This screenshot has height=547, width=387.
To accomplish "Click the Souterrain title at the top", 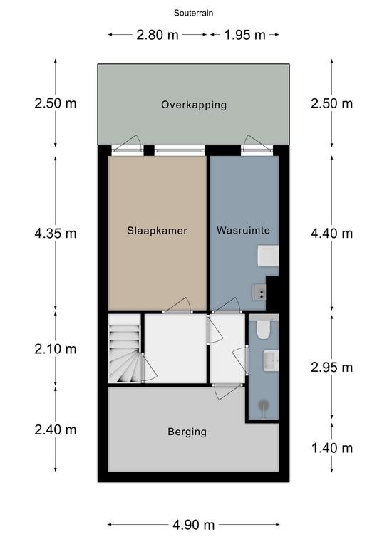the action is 193,14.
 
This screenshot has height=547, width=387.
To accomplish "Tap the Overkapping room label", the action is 194,105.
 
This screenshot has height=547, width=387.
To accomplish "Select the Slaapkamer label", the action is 157,231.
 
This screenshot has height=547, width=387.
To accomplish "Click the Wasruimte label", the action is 243,230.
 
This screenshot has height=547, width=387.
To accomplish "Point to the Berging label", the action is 187,432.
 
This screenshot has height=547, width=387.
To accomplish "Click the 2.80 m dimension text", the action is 158,35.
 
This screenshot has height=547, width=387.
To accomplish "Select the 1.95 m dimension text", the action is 244,35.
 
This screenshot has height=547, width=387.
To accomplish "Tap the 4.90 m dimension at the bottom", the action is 193,525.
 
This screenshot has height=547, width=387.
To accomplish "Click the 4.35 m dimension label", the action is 56,234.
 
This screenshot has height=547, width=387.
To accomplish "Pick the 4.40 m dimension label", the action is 332,234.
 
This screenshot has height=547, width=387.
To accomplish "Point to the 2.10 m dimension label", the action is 56,349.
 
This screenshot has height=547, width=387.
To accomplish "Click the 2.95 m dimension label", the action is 332,368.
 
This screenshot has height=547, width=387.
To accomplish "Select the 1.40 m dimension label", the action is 332,448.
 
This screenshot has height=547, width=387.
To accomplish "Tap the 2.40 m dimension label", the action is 56,430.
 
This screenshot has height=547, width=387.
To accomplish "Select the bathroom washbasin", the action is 271,361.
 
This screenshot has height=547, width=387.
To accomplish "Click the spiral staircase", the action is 125,348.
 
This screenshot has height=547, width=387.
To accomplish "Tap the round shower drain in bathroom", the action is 264,405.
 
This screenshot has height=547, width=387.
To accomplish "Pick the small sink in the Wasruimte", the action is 259,292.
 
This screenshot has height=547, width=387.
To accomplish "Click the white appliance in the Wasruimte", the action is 268,256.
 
